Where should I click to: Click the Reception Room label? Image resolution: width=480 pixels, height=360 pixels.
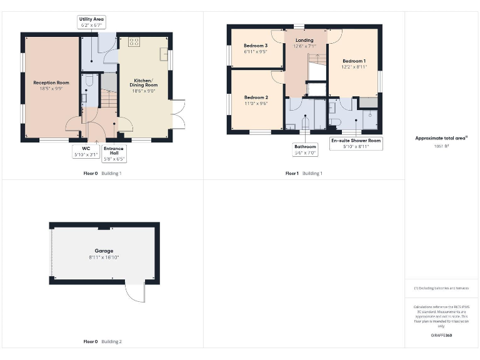coord(51,82)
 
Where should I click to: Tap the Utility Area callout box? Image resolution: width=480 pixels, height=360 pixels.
coord(91,23)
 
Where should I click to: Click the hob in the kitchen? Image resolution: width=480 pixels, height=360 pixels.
coord(134,42)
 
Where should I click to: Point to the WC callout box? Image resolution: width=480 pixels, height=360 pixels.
coord(86,151)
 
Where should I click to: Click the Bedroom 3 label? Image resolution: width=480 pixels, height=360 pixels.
coord(256,46)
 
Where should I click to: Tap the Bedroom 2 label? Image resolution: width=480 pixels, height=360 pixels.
coord(256,97)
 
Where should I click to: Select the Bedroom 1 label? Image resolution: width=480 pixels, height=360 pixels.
coord(353,61)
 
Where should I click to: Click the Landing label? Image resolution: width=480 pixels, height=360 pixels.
coord(305,41)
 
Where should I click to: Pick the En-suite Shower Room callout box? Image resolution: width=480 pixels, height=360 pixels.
coord(356,144)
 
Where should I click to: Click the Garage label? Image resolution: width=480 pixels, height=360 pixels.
coord(104,251)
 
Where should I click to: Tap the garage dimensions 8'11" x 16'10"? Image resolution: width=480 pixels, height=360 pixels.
coord(104,257)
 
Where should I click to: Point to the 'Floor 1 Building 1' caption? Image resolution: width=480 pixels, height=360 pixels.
coord(304,173)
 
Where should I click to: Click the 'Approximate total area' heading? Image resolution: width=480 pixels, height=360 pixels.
coord(441,138)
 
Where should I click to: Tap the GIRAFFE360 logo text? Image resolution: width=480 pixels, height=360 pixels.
coord(441,336)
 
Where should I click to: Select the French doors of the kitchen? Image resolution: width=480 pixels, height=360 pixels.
coord(177,114)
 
